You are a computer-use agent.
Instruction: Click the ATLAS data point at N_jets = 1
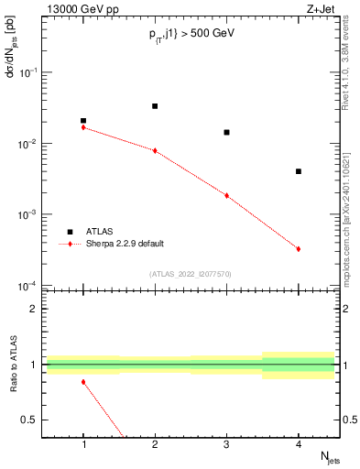pos(83,121)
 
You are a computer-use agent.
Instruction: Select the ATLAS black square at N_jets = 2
pos(155,106)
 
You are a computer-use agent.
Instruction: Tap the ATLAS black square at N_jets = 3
pos(226,132)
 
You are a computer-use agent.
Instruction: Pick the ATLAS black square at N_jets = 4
pos(299,171)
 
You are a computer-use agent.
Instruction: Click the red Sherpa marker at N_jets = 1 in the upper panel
pos(83,127)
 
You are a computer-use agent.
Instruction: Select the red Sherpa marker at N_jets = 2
pos(155,150)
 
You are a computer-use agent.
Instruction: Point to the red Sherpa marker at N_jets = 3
pos(226,195)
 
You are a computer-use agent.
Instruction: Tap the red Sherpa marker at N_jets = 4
pos(299,249)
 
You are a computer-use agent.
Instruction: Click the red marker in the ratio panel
pos(83,382)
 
